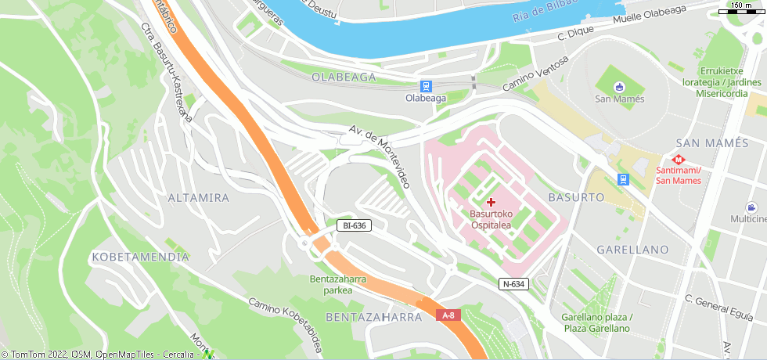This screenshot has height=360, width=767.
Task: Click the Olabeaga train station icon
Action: pyautogui.click(x=426, y=86)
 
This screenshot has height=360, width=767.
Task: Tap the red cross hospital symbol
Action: pyautogui.click(x=492, y=202)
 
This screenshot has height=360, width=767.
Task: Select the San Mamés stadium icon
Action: pyautogui.click(x=620, y=86)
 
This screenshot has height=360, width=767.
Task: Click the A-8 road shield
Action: pyautogui.click(x=448, y=315)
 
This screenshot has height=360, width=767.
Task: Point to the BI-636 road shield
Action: pyautogui.click(x=354, y=225)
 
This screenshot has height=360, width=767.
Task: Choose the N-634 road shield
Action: pyautogui.click(x=513, y=284)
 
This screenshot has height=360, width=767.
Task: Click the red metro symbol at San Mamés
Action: pyautogui.click(x=679, y=160)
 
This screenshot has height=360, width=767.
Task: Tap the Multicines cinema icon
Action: pyautogui.click(x=751, y=207)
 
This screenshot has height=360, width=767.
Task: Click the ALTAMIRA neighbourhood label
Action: pyautogui.click(x=199, y=198)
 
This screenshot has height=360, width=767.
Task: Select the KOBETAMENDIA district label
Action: pyautogui.click(x=140, y=257)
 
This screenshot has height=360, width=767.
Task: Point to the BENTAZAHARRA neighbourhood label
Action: pyautogui.click(x=373, y=318)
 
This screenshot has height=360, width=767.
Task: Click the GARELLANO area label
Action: pyautogui.click(x=632, y=250)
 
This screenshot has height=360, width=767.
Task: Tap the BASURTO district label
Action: pyautogui.click(x=576, y=197)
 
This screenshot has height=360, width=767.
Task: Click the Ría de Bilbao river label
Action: pyautogui.click(x=546, y=9)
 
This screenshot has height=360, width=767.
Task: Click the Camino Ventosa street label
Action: pyautogui.click(x=535, y=74)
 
